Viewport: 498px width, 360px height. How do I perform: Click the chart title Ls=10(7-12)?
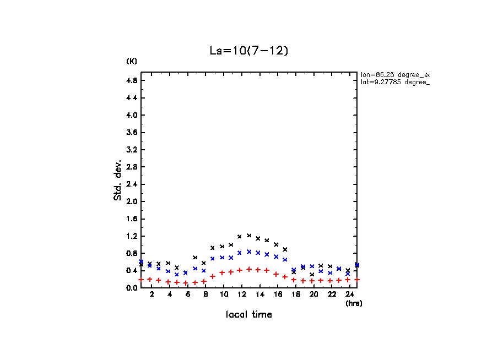click(249, 51)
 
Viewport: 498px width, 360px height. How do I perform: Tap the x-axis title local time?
click(249, 315)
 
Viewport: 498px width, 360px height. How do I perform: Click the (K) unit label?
click(132, 61)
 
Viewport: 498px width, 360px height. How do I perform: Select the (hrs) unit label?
click(354, 303)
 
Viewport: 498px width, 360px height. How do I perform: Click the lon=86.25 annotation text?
click(394, 74)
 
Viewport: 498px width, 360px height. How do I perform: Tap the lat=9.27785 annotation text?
click(394, 82)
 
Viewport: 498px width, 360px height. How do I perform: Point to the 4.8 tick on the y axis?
click(132, 80)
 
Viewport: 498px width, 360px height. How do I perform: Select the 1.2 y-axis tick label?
click(132, 236)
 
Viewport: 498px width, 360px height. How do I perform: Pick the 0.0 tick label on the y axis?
click(132, 288)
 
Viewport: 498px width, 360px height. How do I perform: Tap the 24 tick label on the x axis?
click(348, 295)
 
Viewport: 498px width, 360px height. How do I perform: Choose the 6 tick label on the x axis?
click(187, 295)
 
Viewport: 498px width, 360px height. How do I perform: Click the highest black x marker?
click(249, 236)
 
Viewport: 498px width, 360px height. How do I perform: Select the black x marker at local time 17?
click(285, 249)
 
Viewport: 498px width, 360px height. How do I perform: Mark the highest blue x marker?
click(249, 252)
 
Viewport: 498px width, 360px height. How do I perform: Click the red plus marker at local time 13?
click(249, 269)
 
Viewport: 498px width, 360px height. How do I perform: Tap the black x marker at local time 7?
click(195, 257)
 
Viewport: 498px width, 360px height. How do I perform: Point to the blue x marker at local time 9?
click(213, 258)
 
